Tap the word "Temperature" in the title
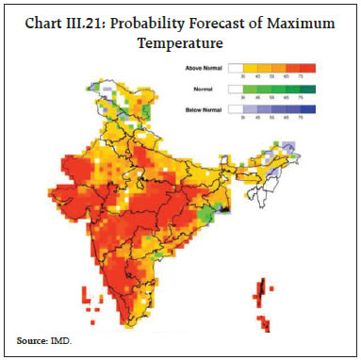(180, 43)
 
